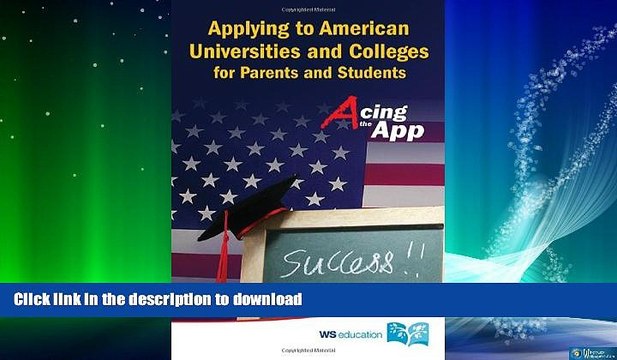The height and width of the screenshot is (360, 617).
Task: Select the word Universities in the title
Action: [249, 51]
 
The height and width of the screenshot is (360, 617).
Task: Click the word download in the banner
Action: [264, 298]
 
